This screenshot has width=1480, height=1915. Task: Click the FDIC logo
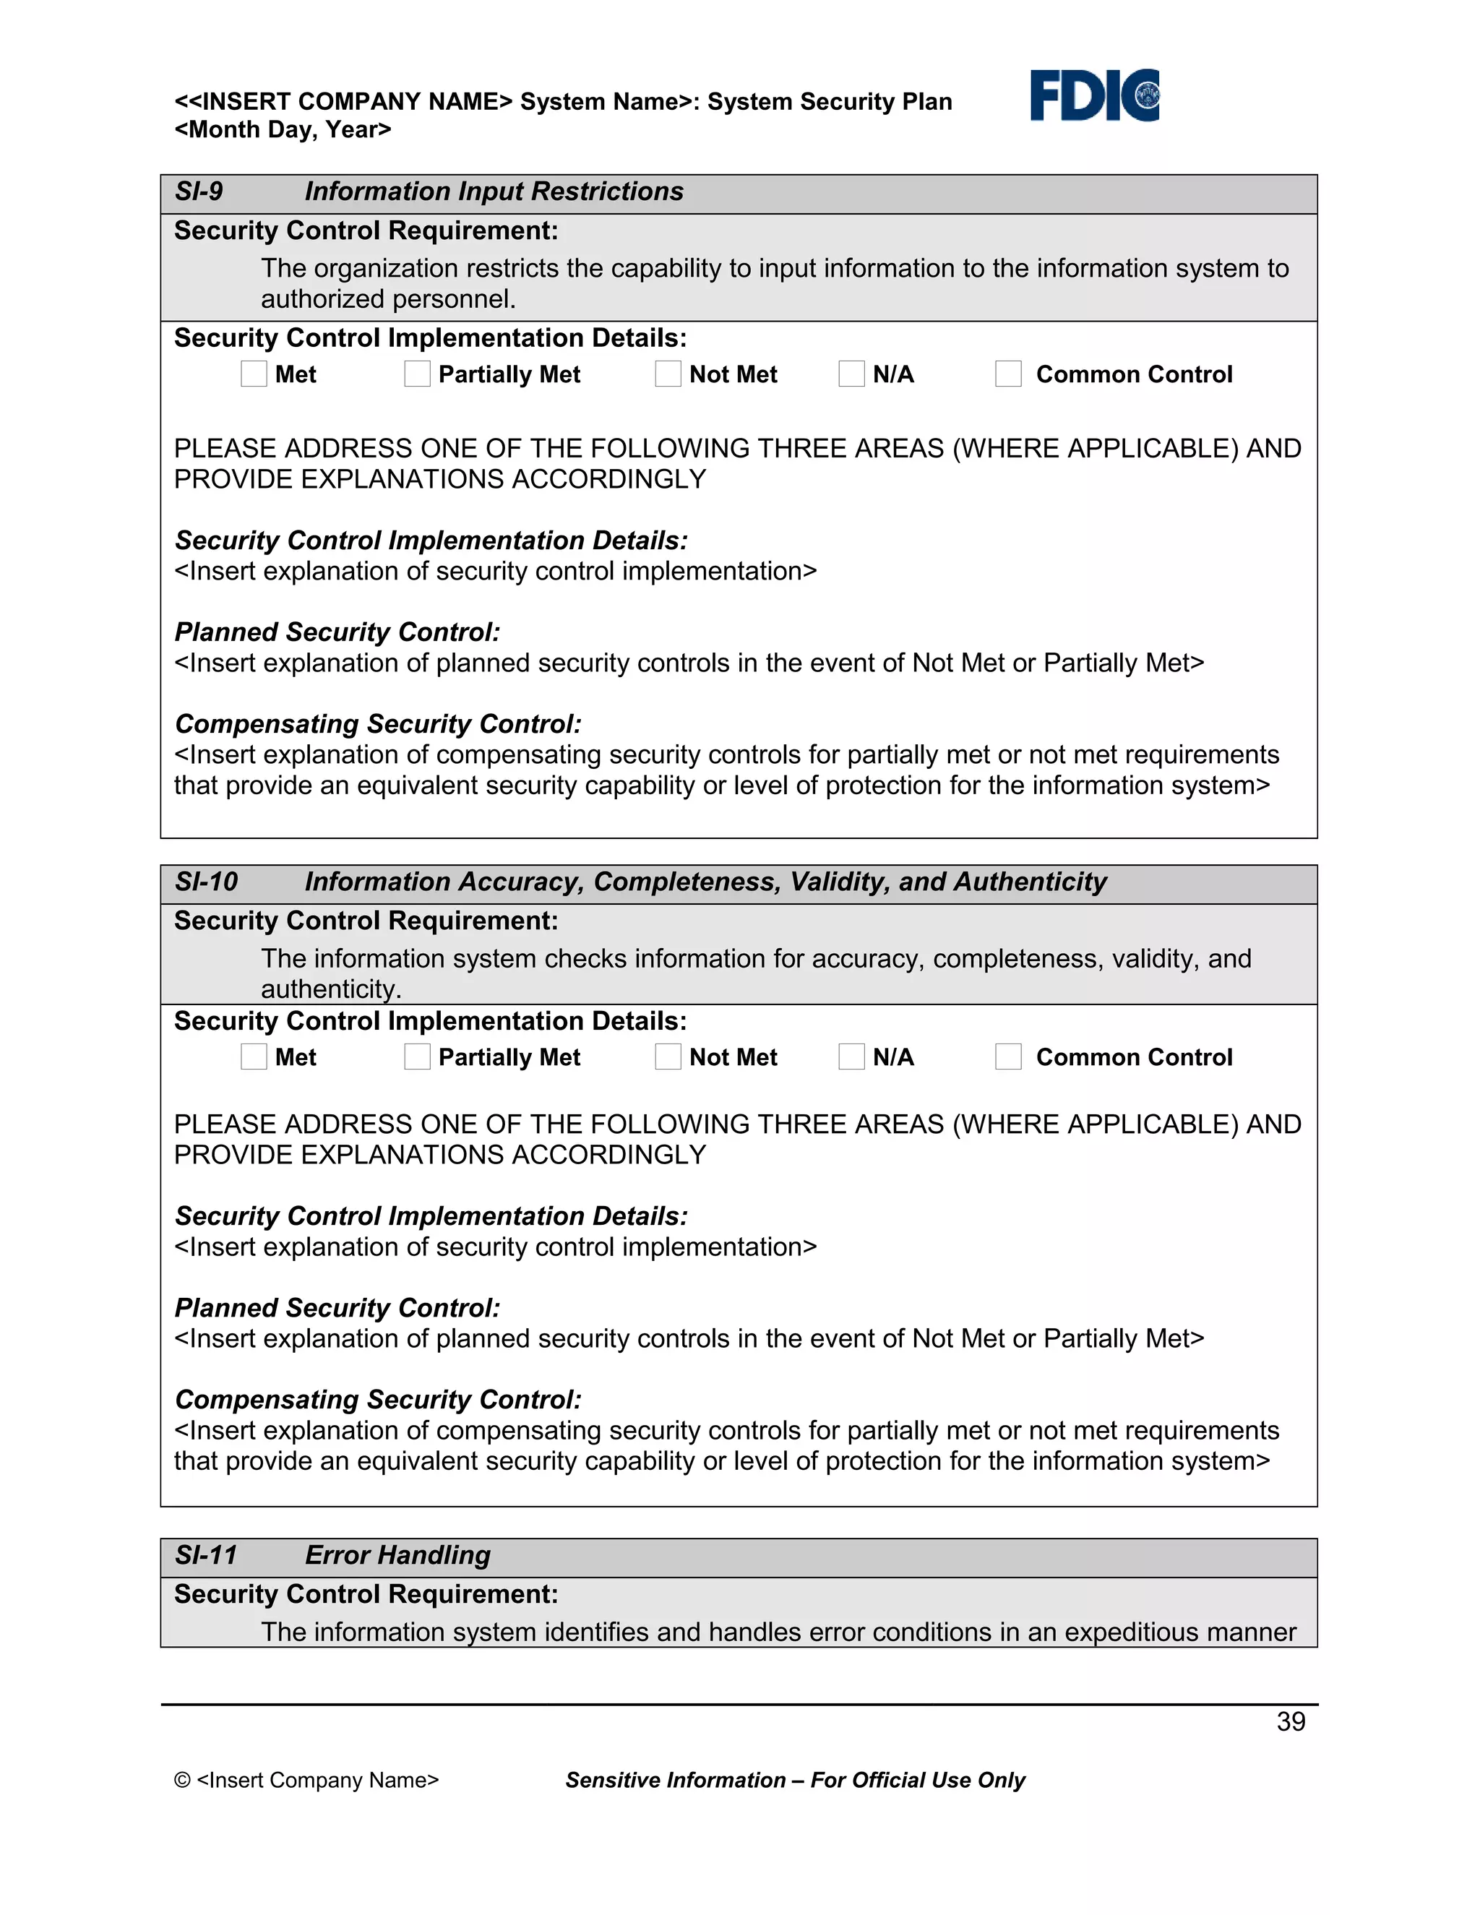coord(1094,95)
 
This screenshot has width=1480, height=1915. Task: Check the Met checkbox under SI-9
coord(254,374)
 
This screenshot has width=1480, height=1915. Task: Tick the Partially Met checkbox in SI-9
coord(418,374)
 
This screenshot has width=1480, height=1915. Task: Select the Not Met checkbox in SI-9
coord(668,374)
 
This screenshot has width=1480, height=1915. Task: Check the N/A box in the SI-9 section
coord(851,374)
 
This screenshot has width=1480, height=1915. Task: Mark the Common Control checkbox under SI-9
coord(1008,374)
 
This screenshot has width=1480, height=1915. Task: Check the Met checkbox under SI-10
coord(254,1057)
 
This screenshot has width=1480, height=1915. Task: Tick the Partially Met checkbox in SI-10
coord(418,1057)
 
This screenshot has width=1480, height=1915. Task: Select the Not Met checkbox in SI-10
coord(668,1057)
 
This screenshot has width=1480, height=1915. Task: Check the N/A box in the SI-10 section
coord(851,1057)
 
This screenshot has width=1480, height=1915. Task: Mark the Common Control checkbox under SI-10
coord(1008,1057)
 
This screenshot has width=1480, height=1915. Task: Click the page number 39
coord(1291,1721)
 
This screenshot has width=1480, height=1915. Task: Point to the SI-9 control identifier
coord(199,191)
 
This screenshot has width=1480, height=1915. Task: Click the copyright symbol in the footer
coord(182,1780)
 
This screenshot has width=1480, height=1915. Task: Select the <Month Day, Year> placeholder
coord(283,130)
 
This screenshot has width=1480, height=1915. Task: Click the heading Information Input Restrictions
coord(494,191)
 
